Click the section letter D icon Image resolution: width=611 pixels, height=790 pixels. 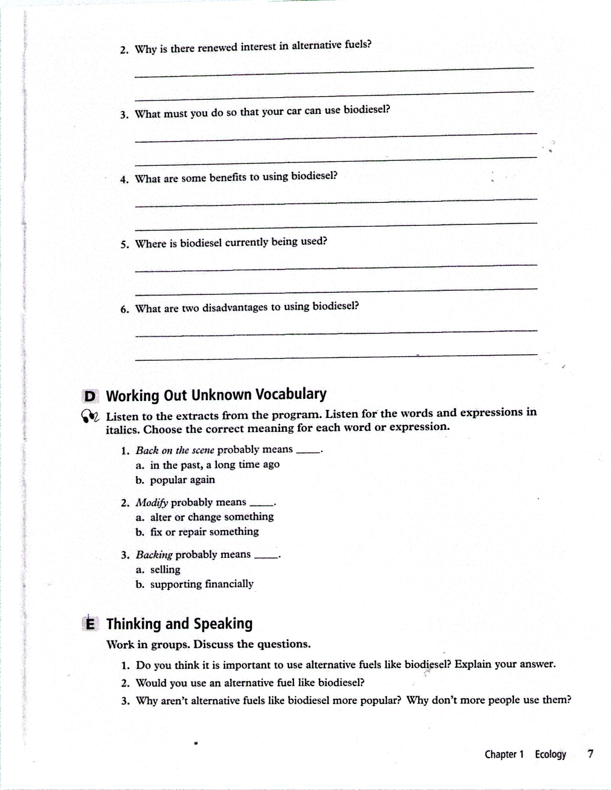[x=90, y=396]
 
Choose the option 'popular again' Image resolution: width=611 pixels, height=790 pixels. [x=182, y=480]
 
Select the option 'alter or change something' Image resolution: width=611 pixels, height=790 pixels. [x=212, y=517]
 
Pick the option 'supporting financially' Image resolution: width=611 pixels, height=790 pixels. [x=202, y=584]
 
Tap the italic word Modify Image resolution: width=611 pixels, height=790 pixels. [x=152, y=502]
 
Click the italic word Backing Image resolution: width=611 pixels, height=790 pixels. [x=154, y=555]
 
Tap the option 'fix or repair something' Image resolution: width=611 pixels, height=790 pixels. [x=204, y=532]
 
